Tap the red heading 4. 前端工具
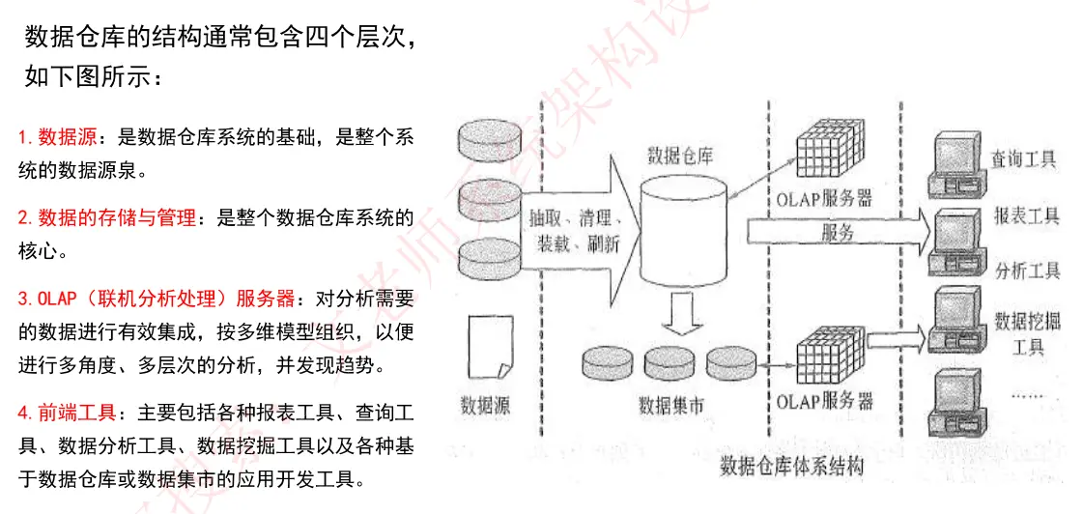[66, 414]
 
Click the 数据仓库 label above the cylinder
[680, 156]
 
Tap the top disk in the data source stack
[490, 140]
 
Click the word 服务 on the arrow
[837, 231]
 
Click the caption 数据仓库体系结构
[791, 467]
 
